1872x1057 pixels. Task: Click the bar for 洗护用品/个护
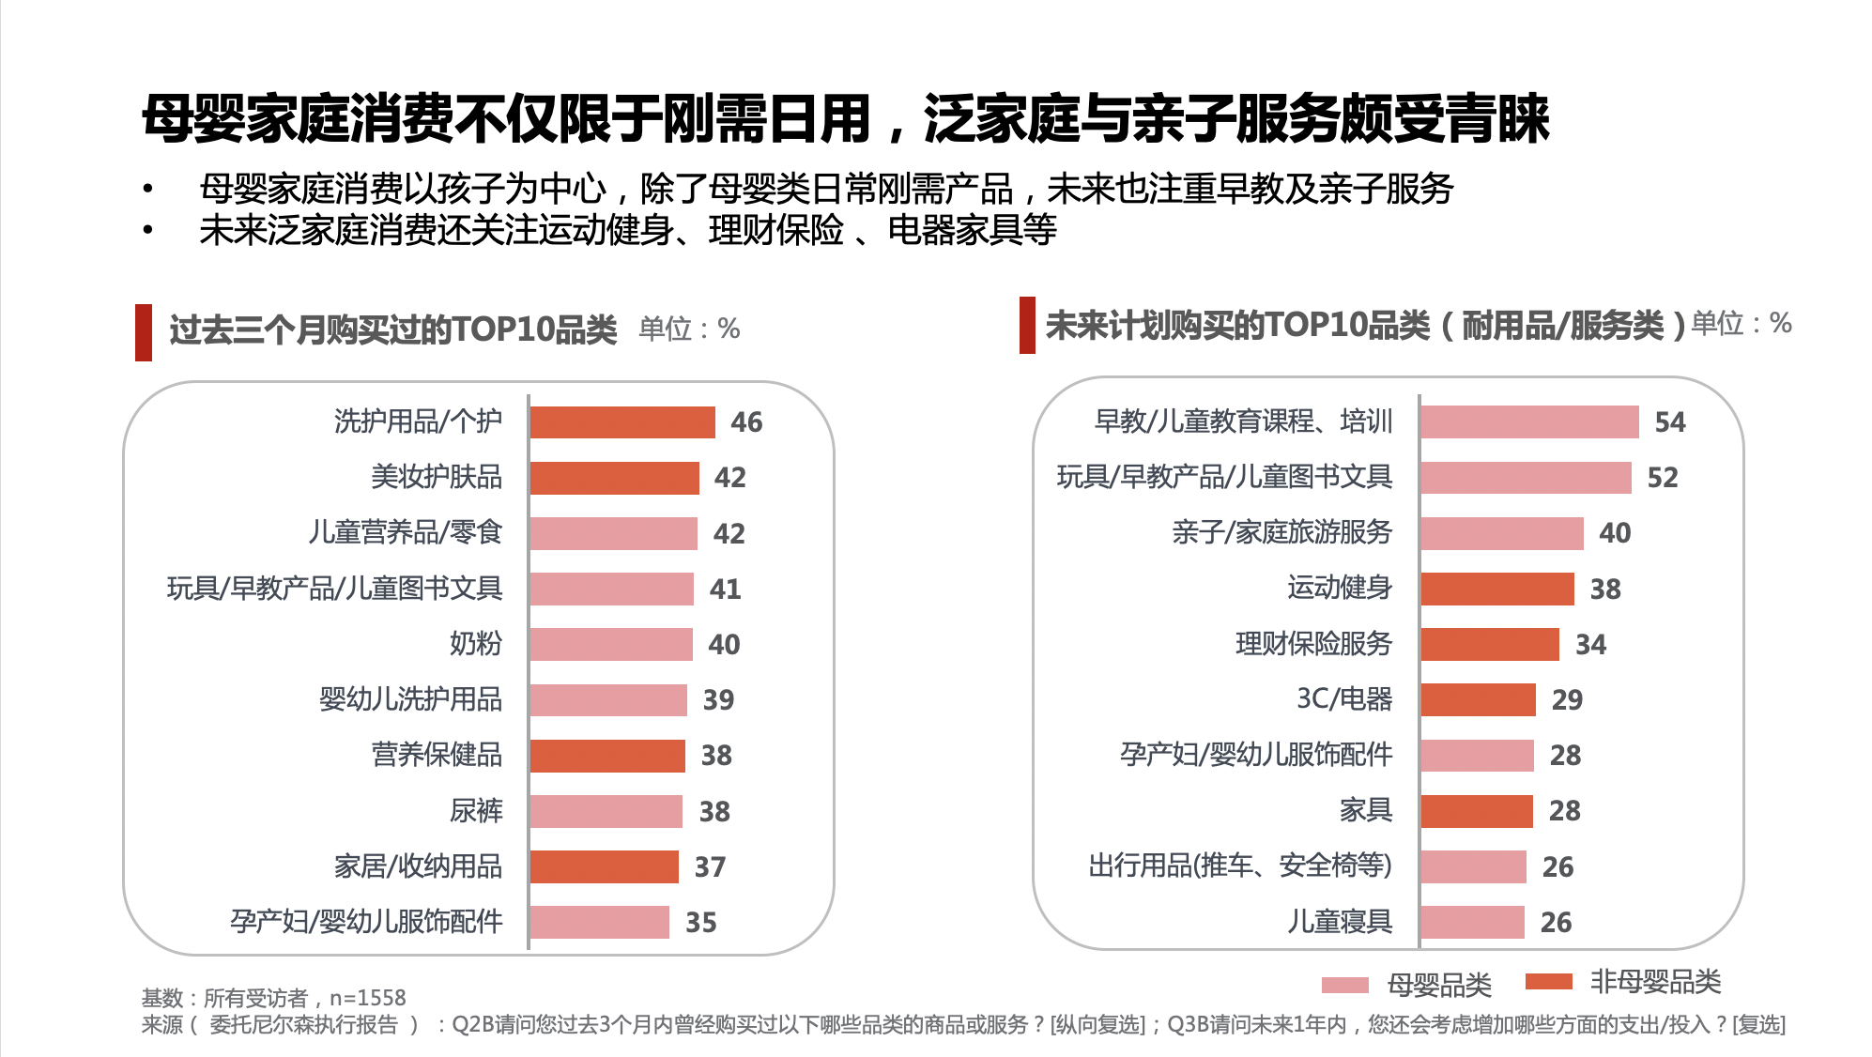coord(621,422)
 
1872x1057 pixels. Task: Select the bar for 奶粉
coord(610,645)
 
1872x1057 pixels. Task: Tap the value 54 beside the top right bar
coord(1669,422)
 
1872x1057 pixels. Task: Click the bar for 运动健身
coord(1496,590)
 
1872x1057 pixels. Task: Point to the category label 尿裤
coord(476,811)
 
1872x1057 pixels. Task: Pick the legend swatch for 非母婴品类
coord(1548,982)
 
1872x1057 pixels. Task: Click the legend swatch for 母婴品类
coord(1344,985)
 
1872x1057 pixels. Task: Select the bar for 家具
coord(1476,811)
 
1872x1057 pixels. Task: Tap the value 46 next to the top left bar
coord(746,422)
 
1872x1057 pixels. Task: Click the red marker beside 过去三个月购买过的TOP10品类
coord(144,332)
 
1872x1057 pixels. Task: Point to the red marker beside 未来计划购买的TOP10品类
coord(1027,326)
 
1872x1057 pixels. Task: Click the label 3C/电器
coord(1343,699)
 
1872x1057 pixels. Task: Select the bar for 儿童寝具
coord(1472,923)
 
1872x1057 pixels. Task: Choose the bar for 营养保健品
coord(606,756)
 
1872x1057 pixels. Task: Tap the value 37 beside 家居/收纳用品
coord(710,867)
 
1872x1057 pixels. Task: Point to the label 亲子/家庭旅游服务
coord(1281,533)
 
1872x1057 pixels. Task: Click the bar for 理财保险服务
coord(1489,645)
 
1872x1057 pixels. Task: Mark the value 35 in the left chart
coord(700,923)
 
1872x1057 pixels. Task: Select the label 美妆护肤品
coord(437,478)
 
